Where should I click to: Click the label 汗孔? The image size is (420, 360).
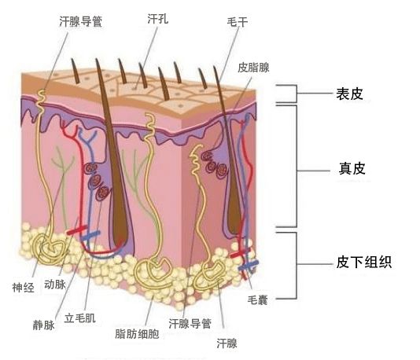158,19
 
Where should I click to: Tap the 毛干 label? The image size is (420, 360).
238,22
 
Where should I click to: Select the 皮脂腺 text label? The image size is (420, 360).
253,68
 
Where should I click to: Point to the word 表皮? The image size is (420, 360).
349,94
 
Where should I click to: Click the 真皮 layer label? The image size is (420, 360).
352,169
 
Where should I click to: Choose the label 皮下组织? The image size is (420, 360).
364,262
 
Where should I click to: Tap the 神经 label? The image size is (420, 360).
24,288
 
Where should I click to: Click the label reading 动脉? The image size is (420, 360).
55,285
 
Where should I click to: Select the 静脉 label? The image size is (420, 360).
44,325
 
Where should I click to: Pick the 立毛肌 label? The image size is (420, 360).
79,318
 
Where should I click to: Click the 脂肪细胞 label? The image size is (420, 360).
137,334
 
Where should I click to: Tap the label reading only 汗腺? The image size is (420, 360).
227,343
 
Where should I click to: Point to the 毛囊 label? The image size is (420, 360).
258,300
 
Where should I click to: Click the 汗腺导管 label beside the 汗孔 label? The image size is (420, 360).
81,21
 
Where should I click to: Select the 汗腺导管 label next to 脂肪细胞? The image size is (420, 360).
190,323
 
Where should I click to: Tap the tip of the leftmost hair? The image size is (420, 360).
72,59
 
